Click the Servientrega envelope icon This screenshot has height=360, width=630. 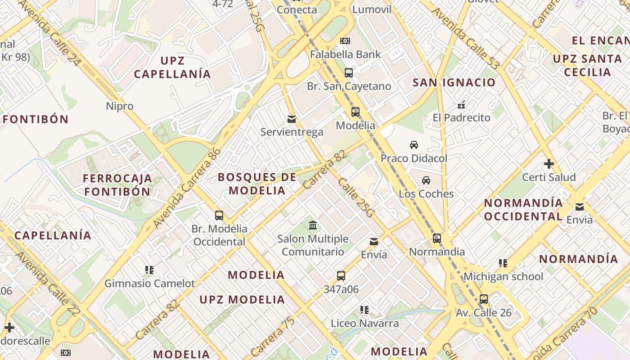click(x=292, y=119)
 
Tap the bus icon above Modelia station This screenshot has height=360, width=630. click(x=355, y=112)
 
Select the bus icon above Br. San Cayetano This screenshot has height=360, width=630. click(x=349, y=73)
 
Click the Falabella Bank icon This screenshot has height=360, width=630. click(x=345, y=41)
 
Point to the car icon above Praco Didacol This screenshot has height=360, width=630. click(x=414, y=145)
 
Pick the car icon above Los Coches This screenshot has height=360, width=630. click(x=426, y=180)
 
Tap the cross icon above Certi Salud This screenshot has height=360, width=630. click(x=549, y=164)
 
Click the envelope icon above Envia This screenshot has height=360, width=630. click(x=580, y=207)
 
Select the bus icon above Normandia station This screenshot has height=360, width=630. click(x=437, y=238)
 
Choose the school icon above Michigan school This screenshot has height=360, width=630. click(x=503, y=263)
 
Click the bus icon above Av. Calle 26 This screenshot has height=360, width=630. click(x=484, y=299)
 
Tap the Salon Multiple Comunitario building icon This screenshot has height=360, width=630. click(x=313, y=225)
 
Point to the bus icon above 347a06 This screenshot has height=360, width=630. click(x=341, y=276)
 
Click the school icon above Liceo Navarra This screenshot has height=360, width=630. click(x=364, y=310)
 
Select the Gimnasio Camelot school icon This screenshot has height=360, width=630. click(x=149, y=270)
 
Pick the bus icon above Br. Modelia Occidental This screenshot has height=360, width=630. click(x=219, y=216)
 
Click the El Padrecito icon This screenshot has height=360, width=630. click(x=461, y=105)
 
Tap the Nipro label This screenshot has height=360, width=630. click(x=120, y=106)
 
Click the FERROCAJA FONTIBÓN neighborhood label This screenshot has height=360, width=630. click(x=117, y=185)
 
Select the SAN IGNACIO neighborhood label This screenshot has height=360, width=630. click(x=454, y=82)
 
